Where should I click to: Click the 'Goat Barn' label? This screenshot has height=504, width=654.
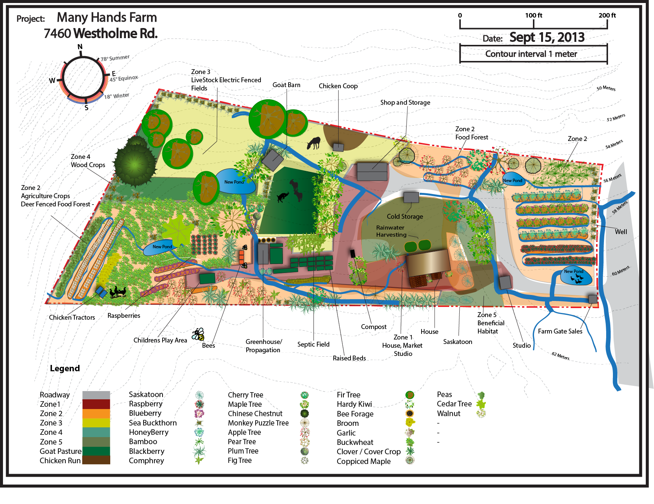[x=286, y=85]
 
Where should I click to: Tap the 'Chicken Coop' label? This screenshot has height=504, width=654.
[x=338, y=86]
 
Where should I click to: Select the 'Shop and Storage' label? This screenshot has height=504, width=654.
[x=405, y=102]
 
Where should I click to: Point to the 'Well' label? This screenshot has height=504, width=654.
[x=621, y=232]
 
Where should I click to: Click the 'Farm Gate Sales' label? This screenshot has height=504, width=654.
[x=560, y=331]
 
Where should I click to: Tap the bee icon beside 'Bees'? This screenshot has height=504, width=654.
[x=198, y=334]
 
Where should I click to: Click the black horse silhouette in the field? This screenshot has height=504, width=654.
[x=314, y=143]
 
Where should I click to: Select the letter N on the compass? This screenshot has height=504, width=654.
[x=80, y=47]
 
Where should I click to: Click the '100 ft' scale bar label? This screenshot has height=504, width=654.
[x=533, y=15]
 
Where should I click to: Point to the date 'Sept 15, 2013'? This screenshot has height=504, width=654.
[x=547, y=37]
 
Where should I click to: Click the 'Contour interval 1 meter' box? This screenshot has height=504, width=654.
[x=533, y=54]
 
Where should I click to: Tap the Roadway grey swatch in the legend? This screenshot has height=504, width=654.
[x=96, y=395]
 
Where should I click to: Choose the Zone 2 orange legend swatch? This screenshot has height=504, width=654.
[x=96, y=414]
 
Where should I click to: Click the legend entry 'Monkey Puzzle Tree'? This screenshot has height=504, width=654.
[x=258, y=423]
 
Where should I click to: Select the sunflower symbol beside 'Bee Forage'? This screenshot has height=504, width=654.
[x=410, y=414]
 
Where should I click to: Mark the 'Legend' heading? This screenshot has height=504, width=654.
[x=65, y=368]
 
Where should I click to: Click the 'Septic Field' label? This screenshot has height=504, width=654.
[x=313, y=344]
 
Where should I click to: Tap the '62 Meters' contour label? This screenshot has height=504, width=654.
[x=561, y=356]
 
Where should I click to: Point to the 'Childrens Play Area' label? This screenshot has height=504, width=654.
[x=160, y=340]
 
